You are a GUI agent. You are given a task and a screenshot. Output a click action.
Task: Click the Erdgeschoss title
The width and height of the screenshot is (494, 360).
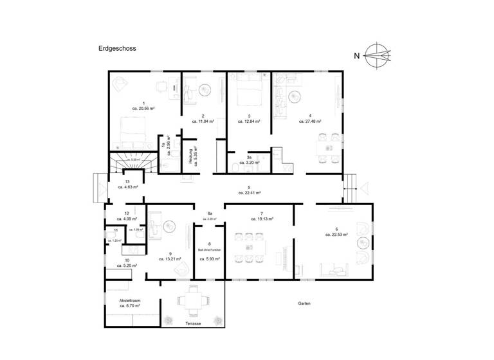(x=117, y=48)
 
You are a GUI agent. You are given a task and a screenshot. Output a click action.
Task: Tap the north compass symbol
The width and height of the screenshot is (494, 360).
(x=376, y=55)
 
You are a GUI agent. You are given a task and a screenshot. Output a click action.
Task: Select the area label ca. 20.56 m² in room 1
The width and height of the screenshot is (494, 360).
(x=143, y=109)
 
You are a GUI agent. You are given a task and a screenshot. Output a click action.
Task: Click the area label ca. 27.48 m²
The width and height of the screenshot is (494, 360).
(x=310, y=120)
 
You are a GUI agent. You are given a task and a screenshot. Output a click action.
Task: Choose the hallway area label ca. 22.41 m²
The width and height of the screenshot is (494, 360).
(x=249, y=193)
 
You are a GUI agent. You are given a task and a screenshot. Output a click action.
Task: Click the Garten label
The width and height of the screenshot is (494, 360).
(x=304, y=303)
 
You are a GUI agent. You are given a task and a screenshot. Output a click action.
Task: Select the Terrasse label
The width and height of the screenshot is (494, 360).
(x=193, y=323)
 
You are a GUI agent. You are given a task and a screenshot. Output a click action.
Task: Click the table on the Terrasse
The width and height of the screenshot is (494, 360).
(x=192, y=299)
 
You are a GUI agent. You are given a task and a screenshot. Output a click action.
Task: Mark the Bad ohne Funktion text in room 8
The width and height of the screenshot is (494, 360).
(x=209, y=251)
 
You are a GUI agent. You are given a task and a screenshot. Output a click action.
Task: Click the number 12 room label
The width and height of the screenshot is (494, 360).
(x=127, y=213)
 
